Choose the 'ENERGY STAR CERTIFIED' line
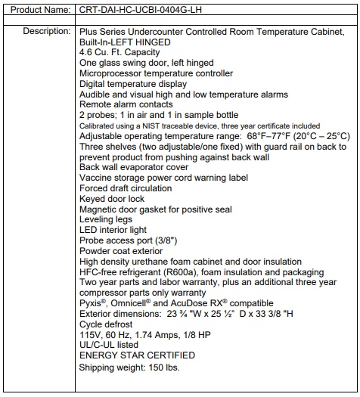tap(137, 355)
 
